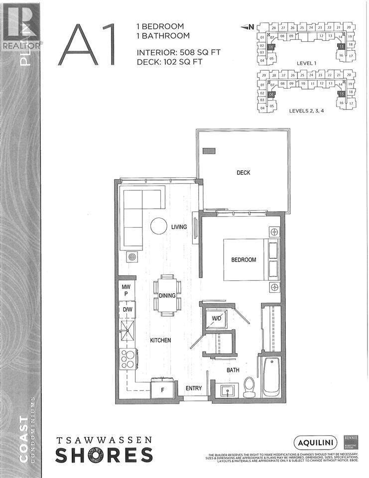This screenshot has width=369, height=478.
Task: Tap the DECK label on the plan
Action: click(243, 173)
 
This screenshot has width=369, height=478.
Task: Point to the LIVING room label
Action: click(179, 227)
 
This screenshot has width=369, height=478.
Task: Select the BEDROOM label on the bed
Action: click(244, 260)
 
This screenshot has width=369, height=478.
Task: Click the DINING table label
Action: click(167, 296)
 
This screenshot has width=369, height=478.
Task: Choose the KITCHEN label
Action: click(160, 340)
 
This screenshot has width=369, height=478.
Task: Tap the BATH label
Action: click(234, 370)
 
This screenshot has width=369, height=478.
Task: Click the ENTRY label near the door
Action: click(194, 388)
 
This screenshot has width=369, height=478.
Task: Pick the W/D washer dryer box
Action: click(217, 318)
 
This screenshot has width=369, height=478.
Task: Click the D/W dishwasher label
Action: click(127, 310)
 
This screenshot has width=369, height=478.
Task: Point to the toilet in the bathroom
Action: click(249, 387)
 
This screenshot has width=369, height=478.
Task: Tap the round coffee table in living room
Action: click(159, 227)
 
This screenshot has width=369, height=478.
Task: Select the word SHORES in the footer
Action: click(104, 456)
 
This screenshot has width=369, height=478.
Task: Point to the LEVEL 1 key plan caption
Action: click(306, 63)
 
